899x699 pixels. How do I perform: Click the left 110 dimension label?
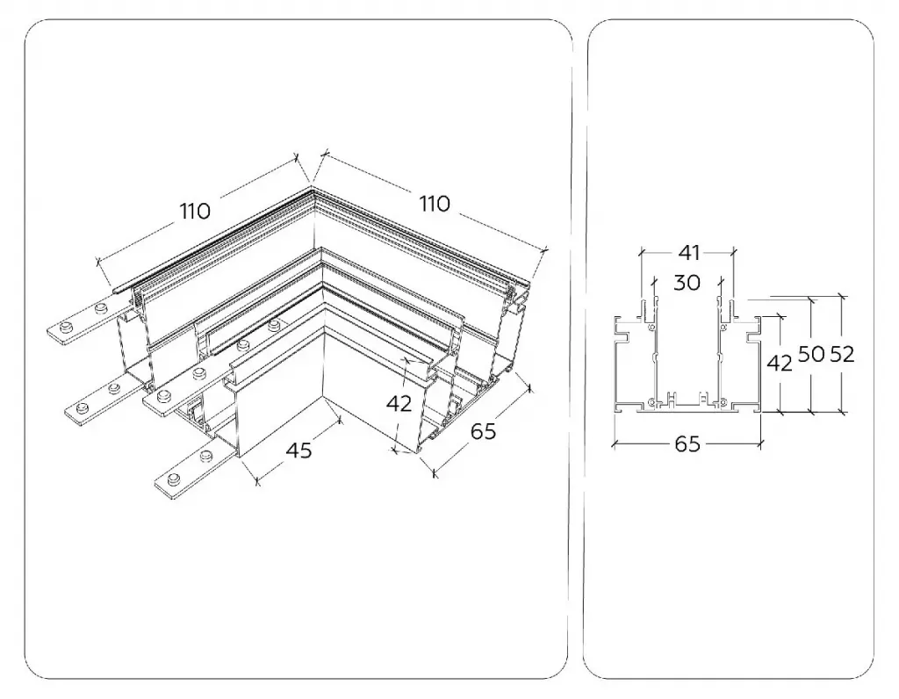196,211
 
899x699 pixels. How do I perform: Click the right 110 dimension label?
435,204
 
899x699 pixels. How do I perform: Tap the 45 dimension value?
299,450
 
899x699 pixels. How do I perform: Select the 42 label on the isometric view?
399,404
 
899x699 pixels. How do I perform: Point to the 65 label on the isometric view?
483,430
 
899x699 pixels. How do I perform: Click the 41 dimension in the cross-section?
688,252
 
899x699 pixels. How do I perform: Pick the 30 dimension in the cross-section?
687,282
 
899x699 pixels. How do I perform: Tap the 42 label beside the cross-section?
780,363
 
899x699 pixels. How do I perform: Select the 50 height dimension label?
811,355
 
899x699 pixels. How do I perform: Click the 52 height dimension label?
842,355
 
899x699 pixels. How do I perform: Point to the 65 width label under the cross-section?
687,443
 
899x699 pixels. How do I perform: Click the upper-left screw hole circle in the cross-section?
651,327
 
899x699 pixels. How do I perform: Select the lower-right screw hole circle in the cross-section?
723,400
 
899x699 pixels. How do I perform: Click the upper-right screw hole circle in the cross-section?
723,327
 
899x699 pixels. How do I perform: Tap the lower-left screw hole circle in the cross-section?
651,400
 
